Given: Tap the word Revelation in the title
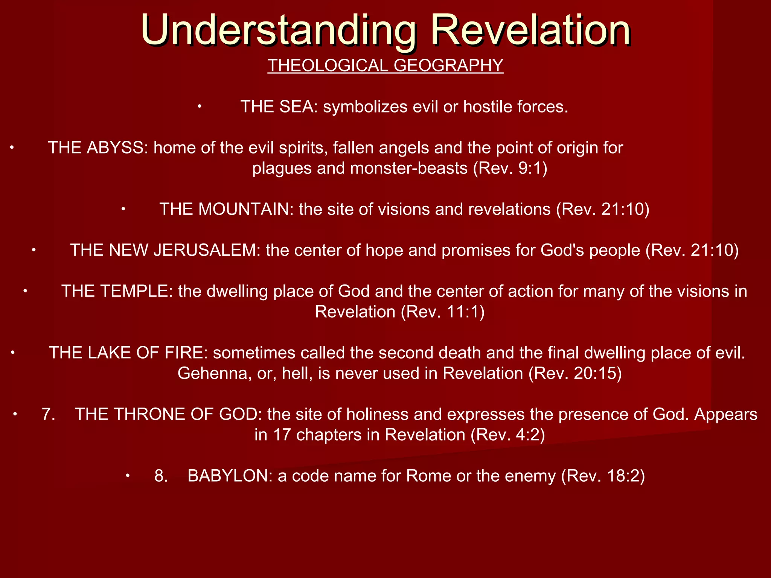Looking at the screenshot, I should click(x=530, y=30).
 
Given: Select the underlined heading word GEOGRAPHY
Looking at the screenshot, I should click(x=448, y=65).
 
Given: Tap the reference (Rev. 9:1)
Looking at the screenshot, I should click(x=510, y=168).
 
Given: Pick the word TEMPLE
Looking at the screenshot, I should click(x=138, y=292).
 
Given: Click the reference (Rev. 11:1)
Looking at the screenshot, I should click(x=443, y=312).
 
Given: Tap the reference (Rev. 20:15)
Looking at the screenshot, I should click(x=575, y=373).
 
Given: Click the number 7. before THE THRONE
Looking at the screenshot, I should click(x=49, y=414).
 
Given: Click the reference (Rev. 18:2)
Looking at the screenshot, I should click(x=603, y=476).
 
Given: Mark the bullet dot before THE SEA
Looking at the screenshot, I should click(x=200, y=107).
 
